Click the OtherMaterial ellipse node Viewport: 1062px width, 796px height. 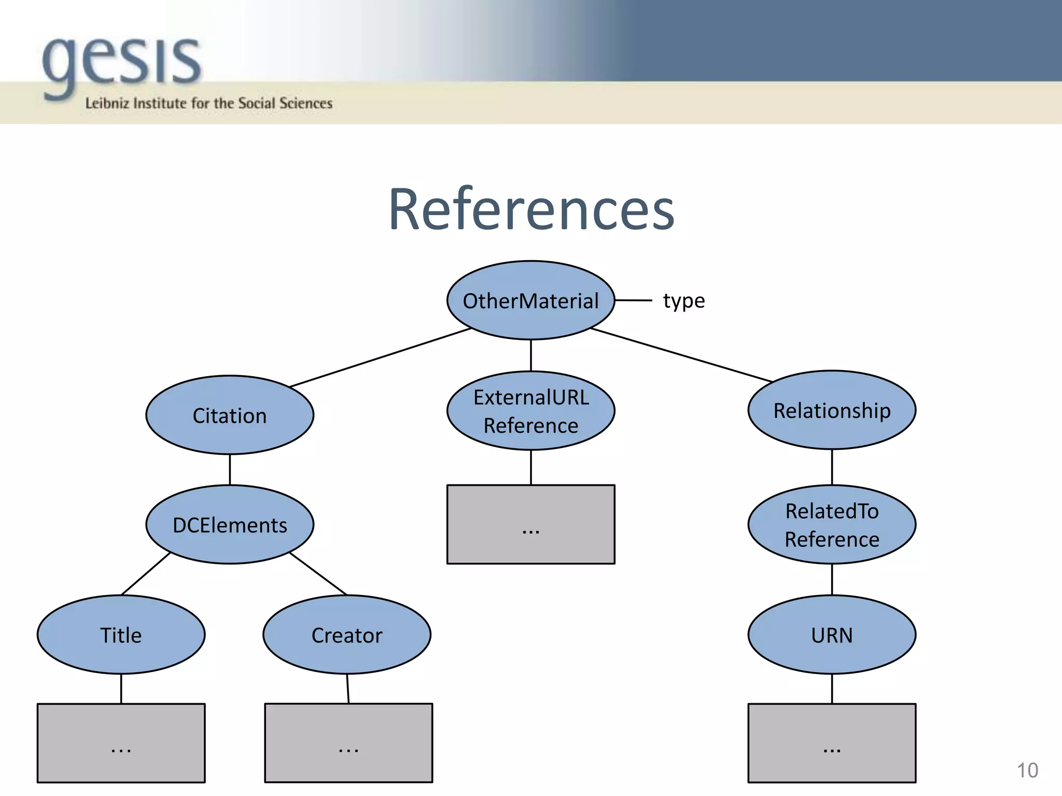[x=530, y=301]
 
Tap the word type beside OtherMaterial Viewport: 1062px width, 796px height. [x=683, y=301]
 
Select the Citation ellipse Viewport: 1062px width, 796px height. [x=230, y=415]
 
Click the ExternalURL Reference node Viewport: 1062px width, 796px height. [x=530, y=411]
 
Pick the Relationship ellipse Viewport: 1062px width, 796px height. [x=832, y=410]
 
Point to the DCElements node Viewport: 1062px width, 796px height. [x=230, y=524]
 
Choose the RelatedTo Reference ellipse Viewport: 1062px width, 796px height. [x=832, y=524]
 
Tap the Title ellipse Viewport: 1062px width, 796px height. [x=121, y=635]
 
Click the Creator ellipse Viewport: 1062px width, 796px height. [x=347, y=635]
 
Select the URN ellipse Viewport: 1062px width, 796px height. [x=832, y=635]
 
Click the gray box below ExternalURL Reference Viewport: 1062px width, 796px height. [x=530, y=524]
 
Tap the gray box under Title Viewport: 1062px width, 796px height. [x=121, y=743]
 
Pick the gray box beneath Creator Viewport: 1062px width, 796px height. [x=348, y=743]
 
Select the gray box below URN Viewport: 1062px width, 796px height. [x=832, y=743]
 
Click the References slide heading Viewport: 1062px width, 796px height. [x=531, y=209]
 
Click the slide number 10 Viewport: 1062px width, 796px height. [x=1027, y=771]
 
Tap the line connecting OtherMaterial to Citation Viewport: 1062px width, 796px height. [x=380, y=358]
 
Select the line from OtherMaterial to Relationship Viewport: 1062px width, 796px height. [x=681, y=355]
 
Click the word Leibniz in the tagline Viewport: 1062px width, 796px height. [x=106, y=103]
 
